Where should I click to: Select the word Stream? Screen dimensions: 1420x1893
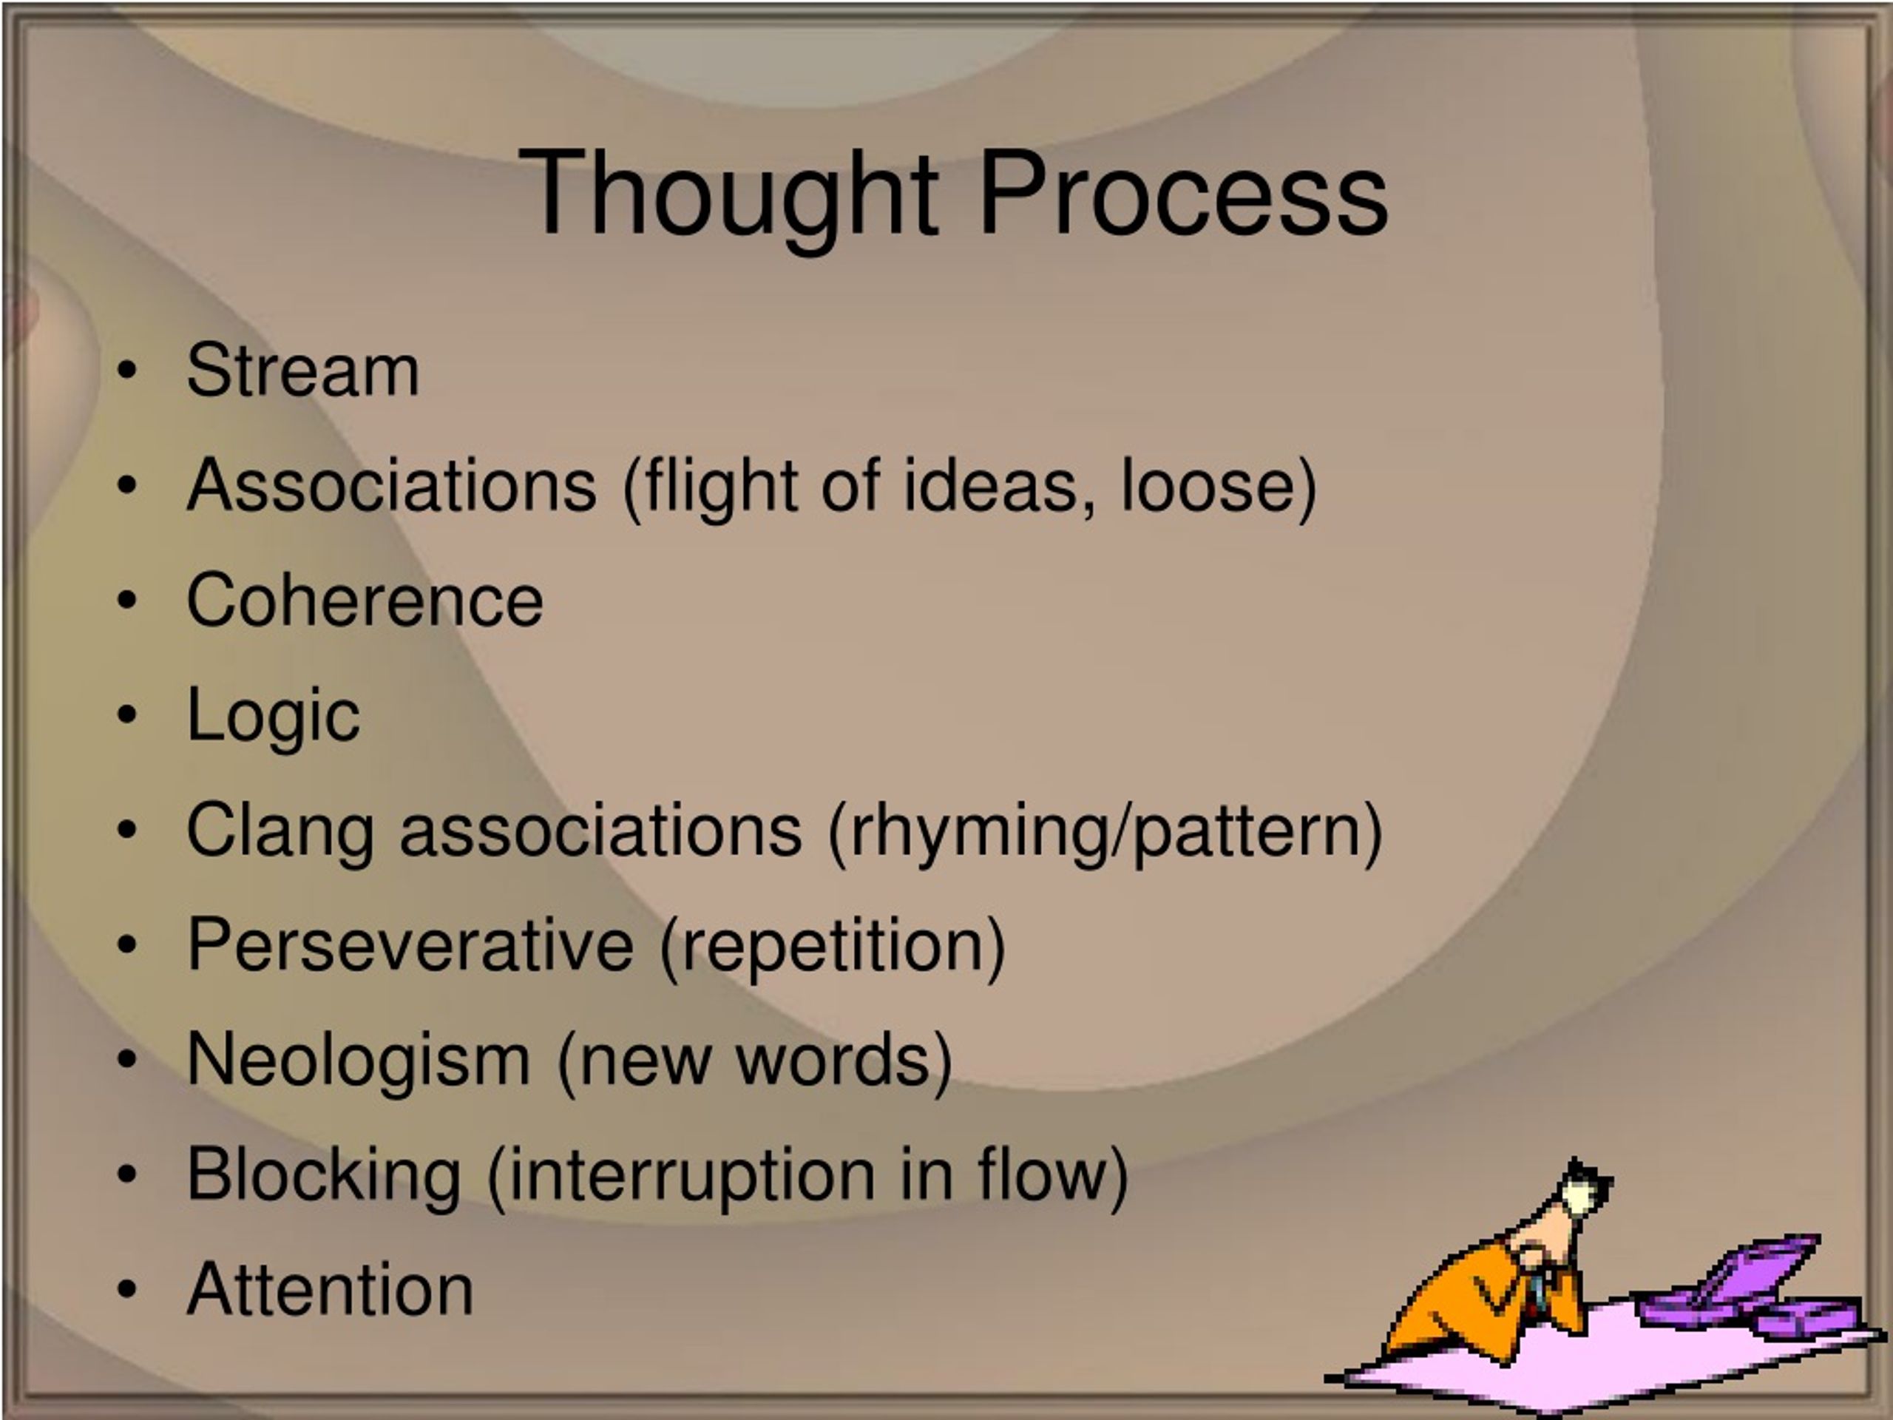(303, 370)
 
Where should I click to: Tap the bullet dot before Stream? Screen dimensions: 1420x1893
(126, 371)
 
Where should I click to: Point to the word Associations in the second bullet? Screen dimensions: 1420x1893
(391, 485)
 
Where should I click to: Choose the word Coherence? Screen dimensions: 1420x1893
(365, 600)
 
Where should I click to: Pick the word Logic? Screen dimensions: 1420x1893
(273, 717)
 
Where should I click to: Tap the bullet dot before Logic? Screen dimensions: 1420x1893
(126, 716)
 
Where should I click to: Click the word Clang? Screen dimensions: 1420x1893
(280, 831)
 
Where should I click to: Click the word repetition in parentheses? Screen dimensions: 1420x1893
(833, 945)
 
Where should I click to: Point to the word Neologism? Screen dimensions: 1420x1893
(359, 1060)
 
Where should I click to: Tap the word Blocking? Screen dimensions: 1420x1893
(323, 1174)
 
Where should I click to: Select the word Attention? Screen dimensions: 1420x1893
(330, 1289)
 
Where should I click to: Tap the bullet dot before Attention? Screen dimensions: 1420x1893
(126, 1289)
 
